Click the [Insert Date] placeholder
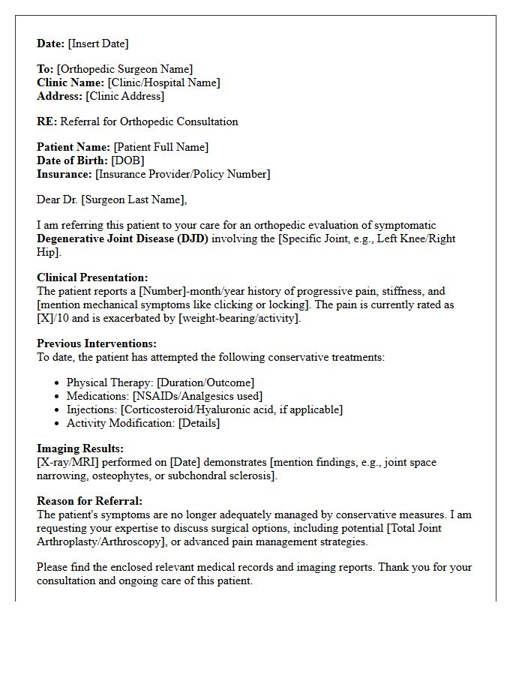[x=98, y=43]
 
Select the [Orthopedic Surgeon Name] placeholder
[x=124, y=69]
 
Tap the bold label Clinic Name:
[x=71, y=82]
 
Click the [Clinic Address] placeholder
[x=125, y=96]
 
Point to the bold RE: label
[x=47, y=121]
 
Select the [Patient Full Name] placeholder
[x=161, y=147]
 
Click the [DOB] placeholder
[x=127, y=160]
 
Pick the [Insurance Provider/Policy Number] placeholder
[x=183, y=174]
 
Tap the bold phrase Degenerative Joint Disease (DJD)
[x=123, y=238]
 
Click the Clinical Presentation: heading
[x=92, y=277]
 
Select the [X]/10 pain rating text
[x=52, y=318]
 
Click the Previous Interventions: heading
[x=97, y=343]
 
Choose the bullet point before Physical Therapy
[x=58, y=382]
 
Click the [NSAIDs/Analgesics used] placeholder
[x=198, y=396]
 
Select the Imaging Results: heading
[x=79, y=448]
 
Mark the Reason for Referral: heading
[x=89, y=501]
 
